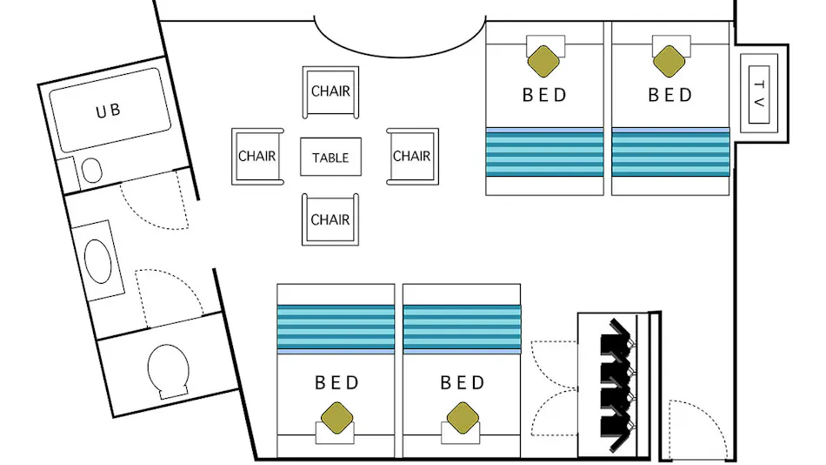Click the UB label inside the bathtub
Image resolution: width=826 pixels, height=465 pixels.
coord(109,111)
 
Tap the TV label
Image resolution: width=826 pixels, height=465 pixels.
coord(759,94)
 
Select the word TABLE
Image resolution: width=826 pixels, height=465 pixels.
coord(330,158)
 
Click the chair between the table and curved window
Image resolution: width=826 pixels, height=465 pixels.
coord(330,91)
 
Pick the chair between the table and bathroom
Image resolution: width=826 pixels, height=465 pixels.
coord(257,156)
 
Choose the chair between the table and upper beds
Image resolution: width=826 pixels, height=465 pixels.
coord(412,156)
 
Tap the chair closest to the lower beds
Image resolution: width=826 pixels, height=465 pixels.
coord(330,219)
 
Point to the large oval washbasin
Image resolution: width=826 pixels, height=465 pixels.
coord(98,261)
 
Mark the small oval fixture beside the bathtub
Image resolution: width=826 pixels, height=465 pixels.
coord(92,170)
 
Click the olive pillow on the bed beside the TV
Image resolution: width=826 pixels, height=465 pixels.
coord(669,61)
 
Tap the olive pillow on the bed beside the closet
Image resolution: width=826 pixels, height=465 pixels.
coord(463,418)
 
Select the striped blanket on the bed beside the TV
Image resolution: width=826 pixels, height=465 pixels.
coord(670,152)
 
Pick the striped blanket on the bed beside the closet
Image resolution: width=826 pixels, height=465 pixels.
coord(462,329)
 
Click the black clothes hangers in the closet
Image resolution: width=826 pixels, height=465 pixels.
coord(616,385)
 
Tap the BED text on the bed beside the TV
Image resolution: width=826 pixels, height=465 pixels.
coord(670,95)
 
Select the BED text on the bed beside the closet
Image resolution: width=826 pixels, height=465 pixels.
coord(462,382)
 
